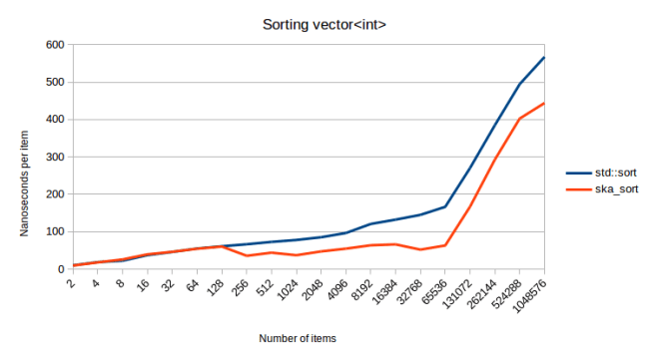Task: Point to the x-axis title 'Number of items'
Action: pos(298,339)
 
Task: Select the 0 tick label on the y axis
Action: pos(59,269)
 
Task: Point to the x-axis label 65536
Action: pos(432,287)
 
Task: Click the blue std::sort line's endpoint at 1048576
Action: pos(544,57)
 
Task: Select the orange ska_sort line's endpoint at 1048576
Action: pos(544,103)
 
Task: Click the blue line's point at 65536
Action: pos(445,206)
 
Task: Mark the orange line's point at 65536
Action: pos(445,245)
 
